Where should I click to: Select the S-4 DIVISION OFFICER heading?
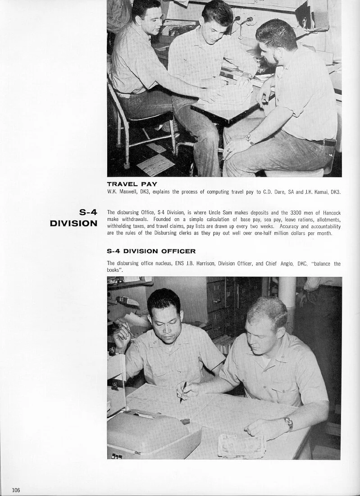151,251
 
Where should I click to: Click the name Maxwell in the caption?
127,192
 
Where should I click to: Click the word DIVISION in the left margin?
74,223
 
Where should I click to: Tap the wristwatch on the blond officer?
288,423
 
